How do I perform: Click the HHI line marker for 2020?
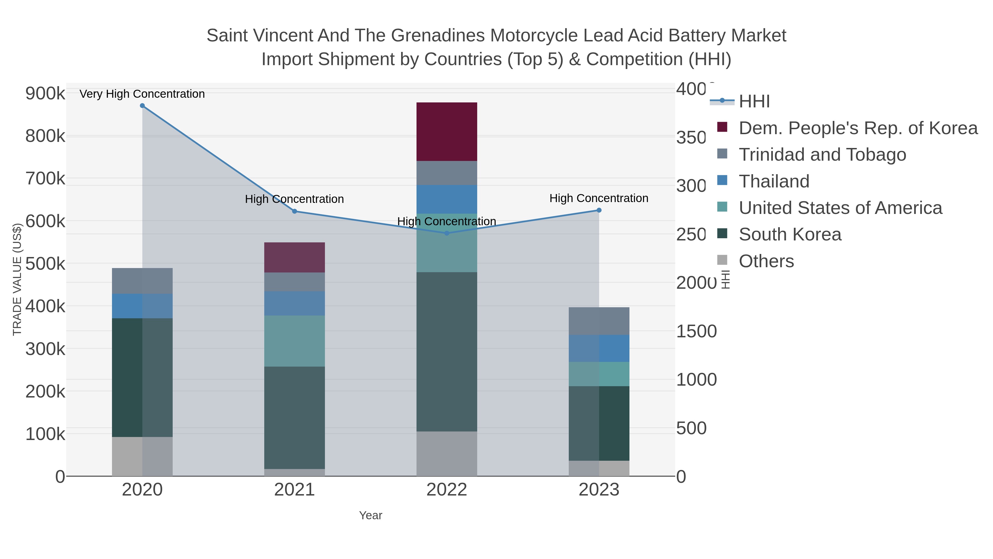click(142, 106)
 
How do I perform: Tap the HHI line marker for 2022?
click(447, 233)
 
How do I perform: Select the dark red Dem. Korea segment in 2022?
click(447, 132)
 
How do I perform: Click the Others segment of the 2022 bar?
click(447, 453)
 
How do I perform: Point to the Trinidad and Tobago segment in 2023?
click(599, 321)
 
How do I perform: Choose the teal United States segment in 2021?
click(295, 341)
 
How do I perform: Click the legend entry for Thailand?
click(774, 181)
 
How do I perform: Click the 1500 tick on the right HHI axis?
click(696, 331)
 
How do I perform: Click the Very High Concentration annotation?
click(142, 94)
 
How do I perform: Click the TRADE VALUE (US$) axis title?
click(17, 279)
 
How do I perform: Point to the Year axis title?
click(370, 515)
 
